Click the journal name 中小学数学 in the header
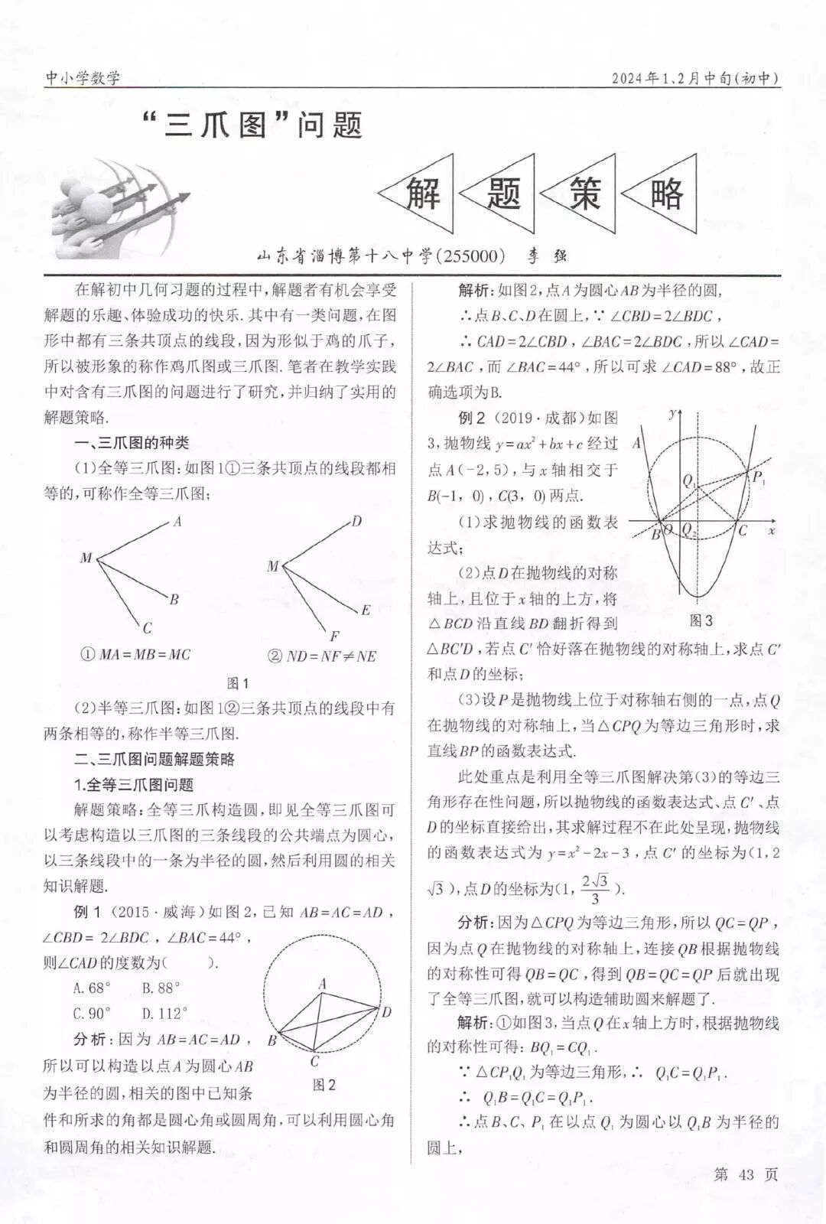(x=83, y=77)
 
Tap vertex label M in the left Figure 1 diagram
(x=86, y=558)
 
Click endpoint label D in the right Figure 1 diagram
(x=356, y=522)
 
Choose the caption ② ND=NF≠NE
(x=321, y=656)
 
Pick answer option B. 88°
(x=161, y=988)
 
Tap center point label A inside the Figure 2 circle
(x=323, y=983)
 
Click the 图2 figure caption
(x=324, y=1084)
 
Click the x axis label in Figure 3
(x=772, y=530)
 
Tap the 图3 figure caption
(x=701, y=620)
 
